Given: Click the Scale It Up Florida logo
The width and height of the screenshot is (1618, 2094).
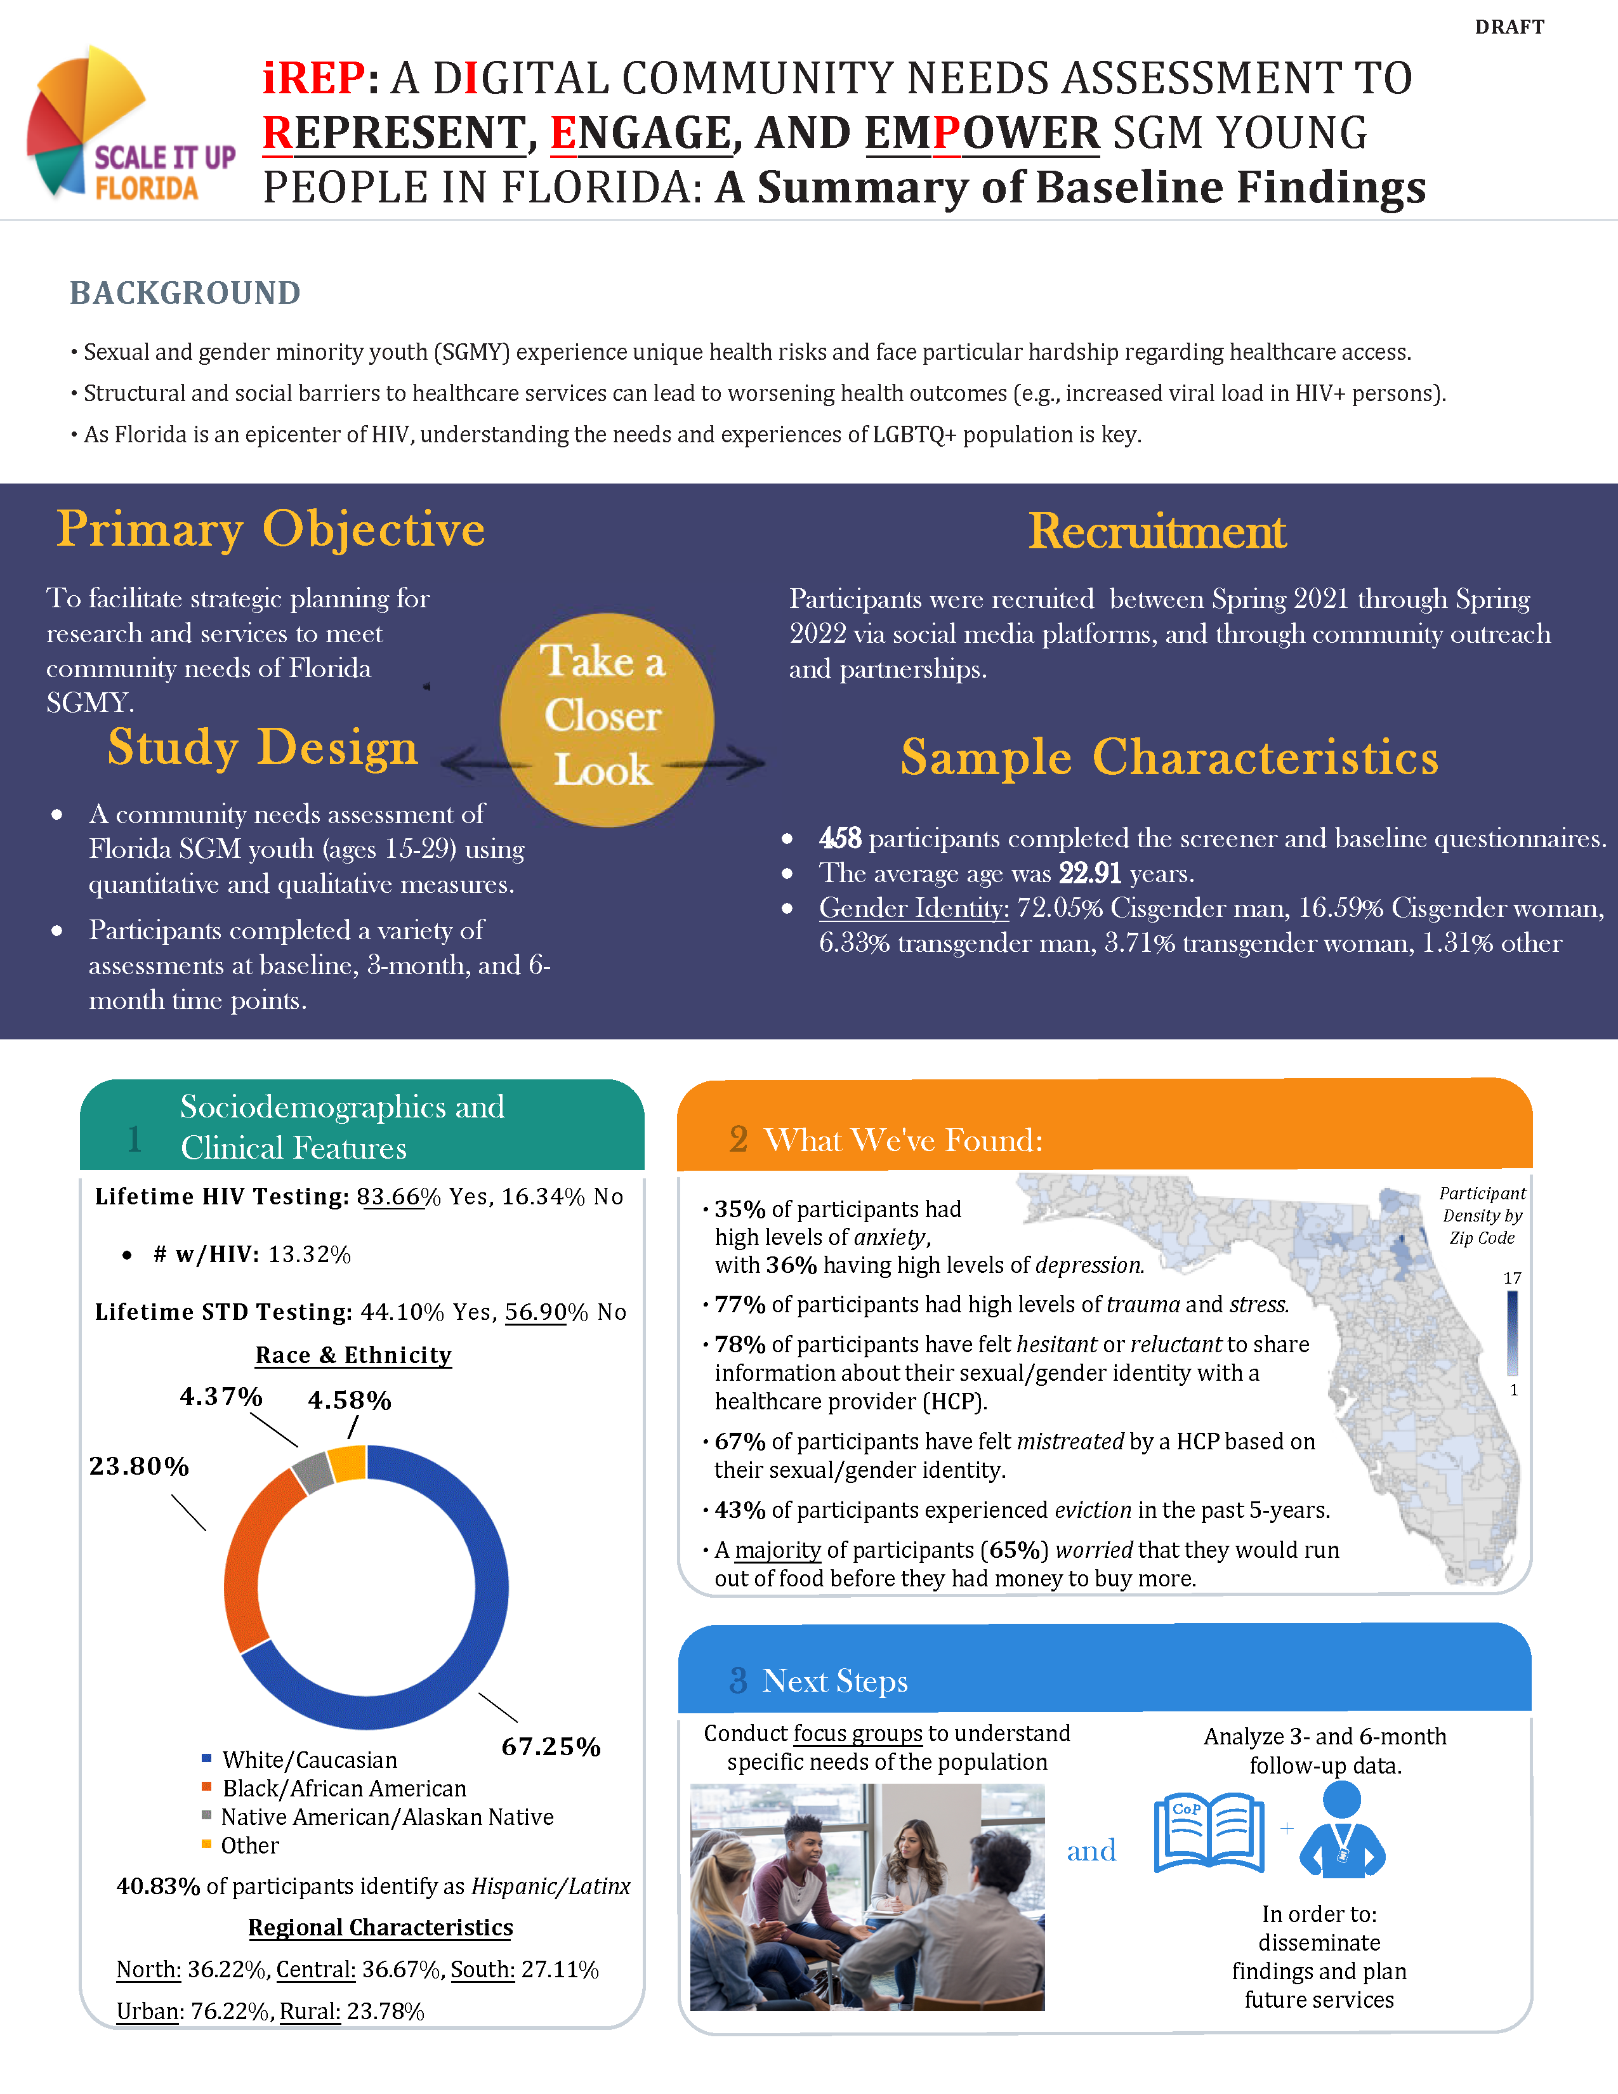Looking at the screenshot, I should click(129, 124).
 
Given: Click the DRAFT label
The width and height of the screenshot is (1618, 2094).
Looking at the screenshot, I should click(1509, 27).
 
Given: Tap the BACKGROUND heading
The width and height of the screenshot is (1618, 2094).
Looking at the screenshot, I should click(185, 293).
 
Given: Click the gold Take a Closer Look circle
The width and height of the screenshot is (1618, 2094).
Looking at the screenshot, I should click(606, 719).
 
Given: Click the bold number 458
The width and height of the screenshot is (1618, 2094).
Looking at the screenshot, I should click(839, 839).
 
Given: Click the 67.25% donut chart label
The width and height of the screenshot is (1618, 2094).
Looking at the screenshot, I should click(551, 1747).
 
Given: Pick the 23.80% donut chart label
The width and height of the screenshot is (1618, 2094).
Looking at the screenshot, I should click(139, 1466).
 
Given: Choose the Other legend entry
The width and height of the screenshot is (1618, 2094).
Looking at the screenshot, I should click(249, 1846).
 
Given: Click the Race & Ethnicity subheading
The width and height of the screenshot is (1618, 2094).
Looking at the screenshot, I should click(353, 1355).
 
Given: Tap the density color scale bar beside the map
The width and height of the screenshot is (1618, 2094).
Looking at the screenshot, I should click(1513, 1333).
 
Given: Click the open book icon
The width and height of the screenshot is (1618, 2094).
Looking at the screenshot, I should click(1209, 1833).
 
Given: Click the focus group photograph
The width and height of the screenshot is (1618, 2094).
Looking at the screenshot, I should click(867, 1897).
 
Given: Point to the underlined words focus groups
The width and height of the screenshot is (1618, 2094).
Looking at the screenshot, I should click(858, 1734).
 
